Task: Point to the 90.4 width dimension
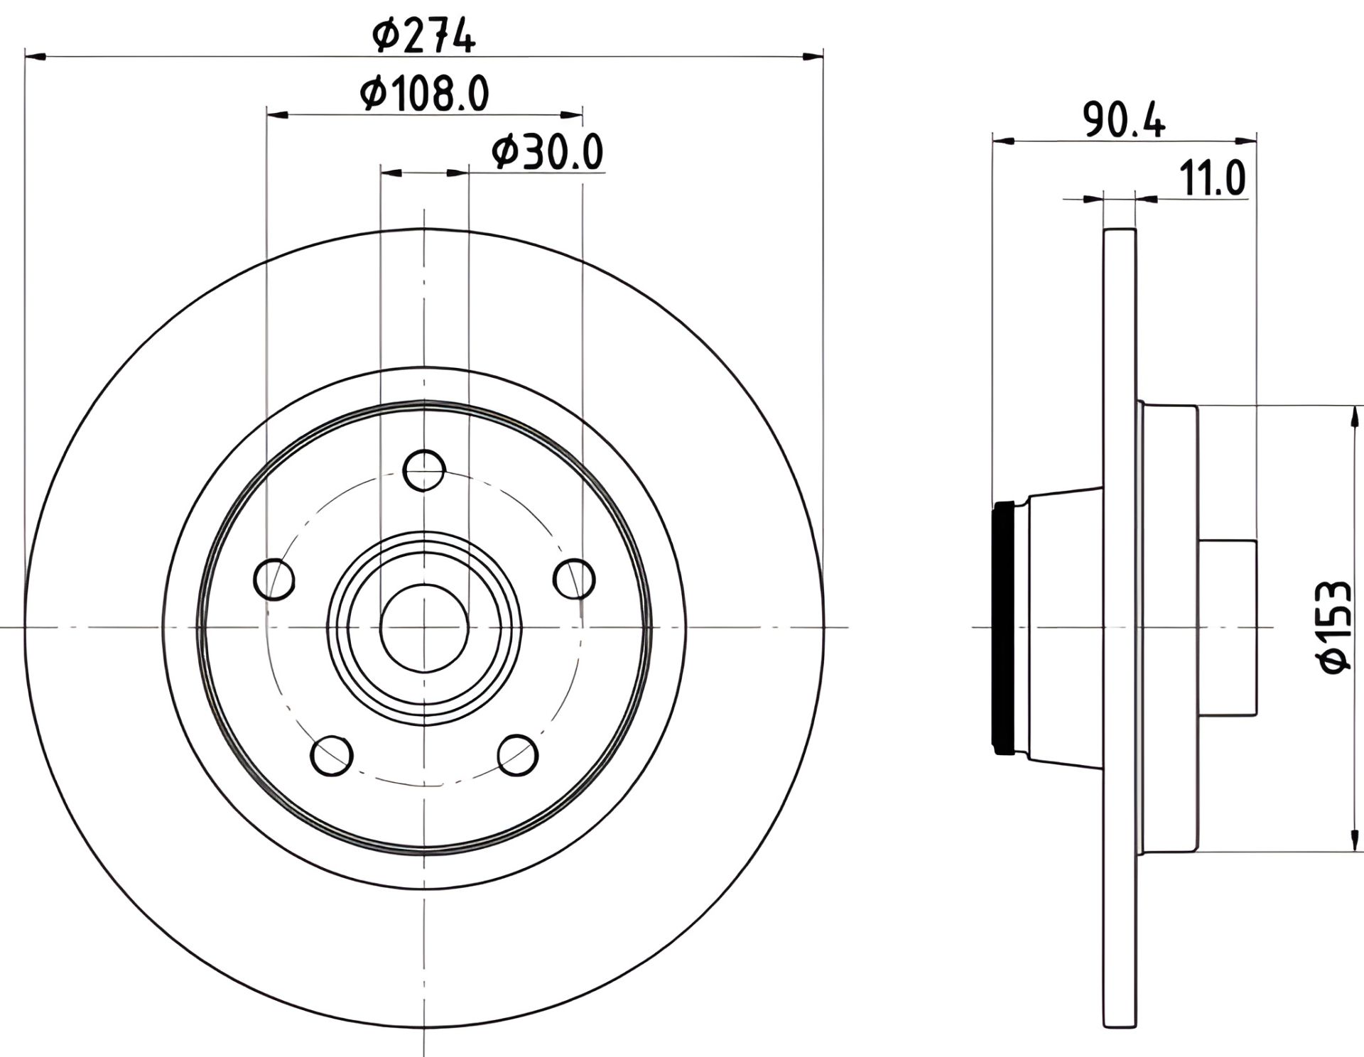[x=1125, y=121]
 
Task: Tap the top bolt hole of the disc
[x=424, y=470]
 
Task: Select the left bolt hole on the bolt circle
[x=274, y=579]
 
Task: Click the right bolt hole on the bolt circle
[x=574, y=579]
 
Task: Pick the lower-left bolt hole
[x=332, y=756]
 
